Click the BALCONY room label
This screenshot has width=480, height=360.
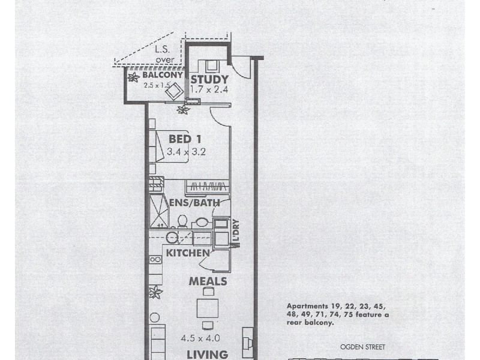pos(162,76)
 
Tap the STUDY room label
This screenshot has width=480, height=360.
pos(209,79)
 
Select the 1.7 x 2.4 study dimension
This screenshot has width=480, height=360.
pos(209,89)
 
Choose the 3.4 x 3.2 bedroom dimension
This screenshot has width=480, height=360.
pos(187,152)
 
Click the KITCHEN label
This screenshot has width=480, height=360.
pos(188,253)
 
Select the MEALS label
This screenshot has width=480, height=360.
pos(208,281)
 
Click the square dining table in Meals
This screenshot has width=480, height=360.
pos(207,308)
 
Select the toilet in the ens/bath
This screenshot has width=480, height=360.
pos(182,221)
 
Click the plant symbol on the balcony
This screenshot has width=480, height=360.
pos(133,77)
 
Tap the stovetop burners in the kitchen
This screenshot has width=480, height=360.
pos(155,260)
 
